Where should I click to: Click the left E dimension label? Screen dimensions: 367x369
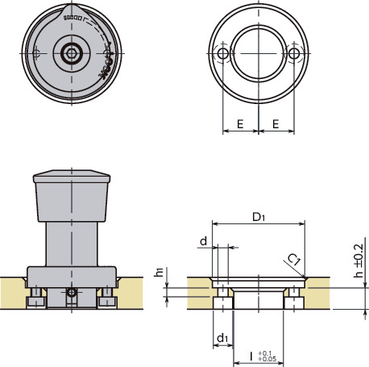[x=239, y=125]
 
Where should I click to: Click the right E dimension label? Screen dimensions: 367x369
[x=276, y=125]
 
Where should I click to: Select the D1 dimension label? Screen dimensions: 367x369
[x=258, y=217]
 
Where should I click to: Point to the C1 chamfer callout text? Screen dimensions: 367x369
[x=295, y=260]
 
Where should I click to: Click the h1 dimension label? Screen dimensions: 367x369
[x=159, y=273]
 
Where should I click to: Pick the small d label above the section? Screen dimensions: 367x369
[x=204, y=240]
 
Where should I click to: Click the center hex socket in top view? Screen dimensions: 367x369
[x=73, y=53]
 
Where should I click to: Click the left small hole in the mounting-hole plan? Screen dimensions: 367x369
[x=222, y=53]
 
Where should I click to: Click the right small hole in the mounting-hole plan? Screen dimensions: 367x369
[x=293, y=53]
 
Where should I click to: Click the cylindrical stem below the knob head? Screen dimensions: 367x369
[x=73, y=244]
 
